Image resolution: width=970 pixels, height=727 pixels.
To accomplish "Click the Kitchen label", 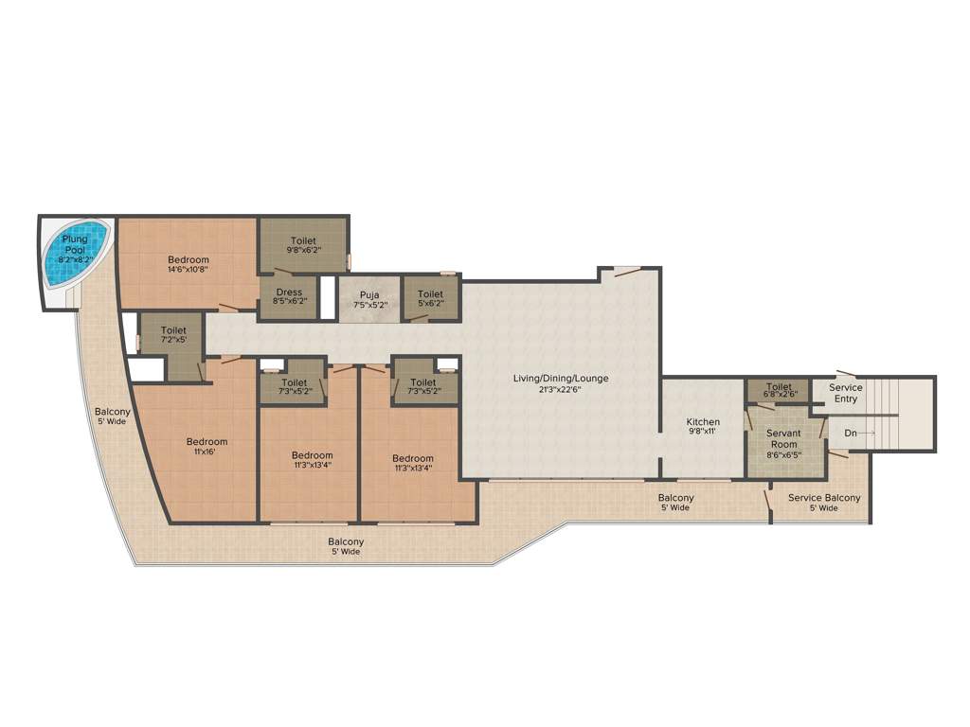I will point(703,422).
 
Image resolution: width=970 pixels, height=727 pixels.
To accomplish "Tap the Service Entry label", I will point(845,393).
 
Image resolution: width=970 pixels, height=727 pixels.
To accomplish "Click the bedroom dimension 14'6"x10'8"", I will point(189,269).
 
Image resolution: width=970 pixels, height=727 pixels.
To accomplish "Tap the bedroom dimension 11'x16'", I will point(207,452).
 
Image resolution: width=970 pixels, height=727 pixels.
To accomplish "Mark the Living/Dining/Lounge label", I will point(561,379).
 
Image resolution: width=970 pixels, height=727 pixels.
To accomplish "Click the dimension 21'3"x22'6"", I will point(561,389).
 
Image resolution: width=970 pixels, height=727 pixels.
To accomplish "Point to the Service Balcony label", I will point(824,498).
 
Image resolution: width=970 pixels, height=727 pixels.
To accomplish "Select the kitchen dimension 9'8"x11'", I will point(703,432).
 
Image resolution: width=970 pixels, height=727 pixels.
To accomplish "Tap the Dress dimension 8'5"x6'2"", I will point(288,303).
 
